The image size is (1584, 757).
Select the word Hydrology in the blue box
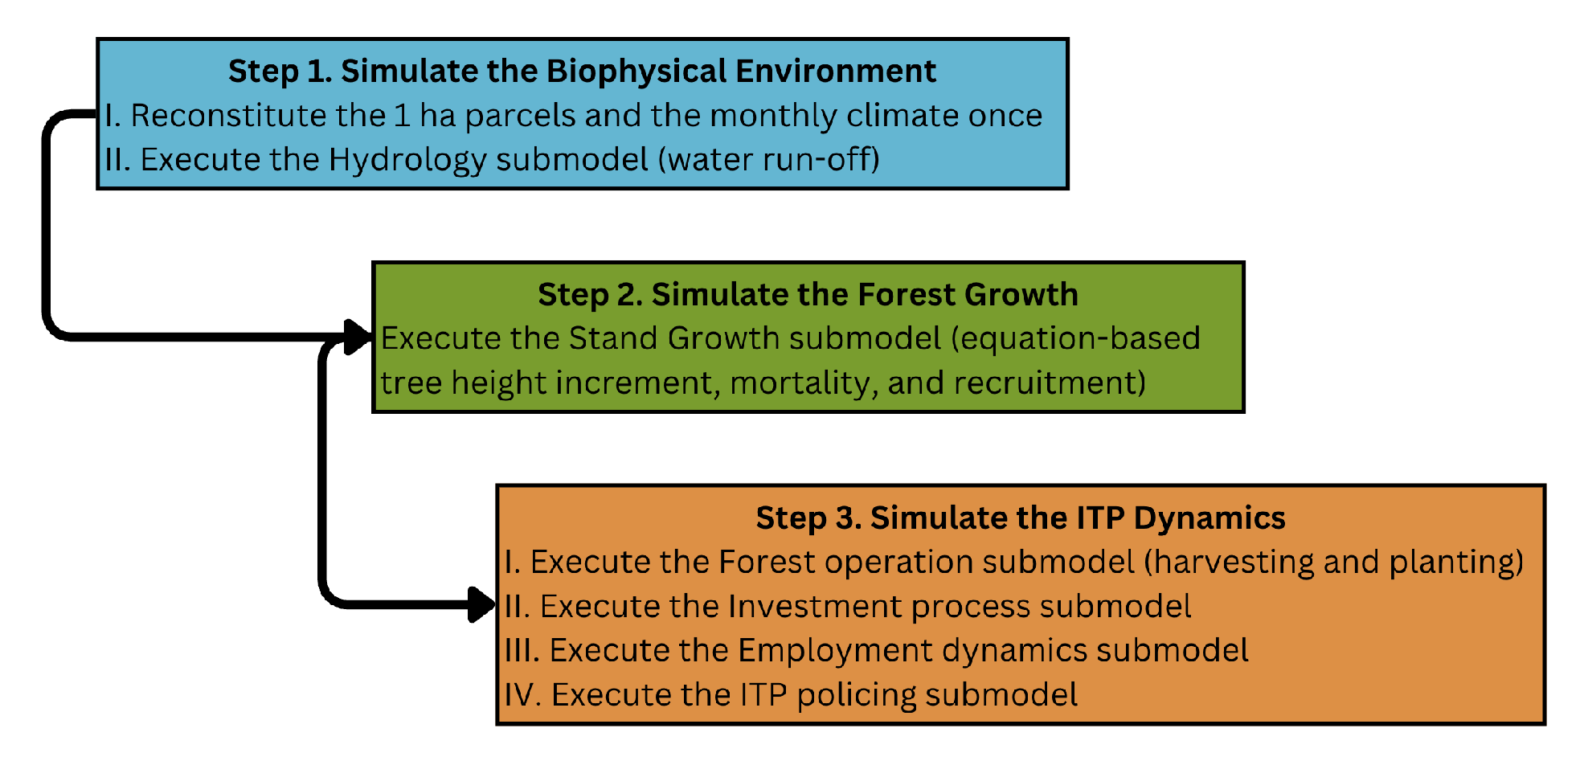pos(407,160)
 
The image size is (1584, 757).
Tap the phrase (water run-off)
pos(769,159)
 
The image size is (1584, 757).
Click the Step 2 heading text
pos(808,295)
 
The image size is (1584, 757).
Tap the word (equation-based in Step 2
pos(1075,339)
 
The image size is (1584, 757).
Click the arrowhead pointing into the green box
pos(358,337)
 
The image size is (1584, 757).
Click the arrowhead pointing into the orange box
pos(481,604)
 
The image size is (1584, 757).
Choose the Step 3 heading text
pos(1021,518)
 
